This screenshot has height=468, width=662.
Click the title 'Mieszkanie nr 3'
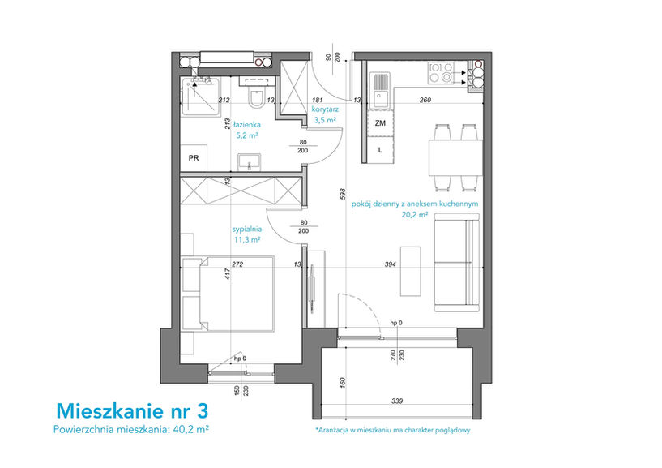pyautogui.click(x=132, y=411)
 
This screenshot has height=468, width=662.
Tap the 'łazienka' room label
pyautogui.click(x=247, y=125)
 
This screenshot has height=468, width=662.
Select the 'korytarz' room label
pyautogui.click(x=325, y=109)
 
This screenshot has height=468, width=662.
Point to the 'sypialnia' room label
pyautogui.click(x=247, y=230)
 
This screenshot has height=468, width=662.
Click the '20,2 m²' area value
pyautogui.click(x=415, y=214)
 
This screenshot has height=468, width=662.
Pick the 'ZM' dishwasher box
pyautogui.click(x=380, y=123)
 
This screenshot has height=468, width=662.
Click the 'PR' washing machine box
pyautogui.click(x=194, y=158)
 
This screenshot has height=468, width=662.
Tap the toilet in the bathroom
pyautogui.click(x=256, y=98)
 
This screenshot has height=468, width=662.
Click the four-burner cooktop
pyautogui.click(x=441, y=72)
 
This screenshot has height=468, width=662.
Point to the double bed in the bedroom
pyautogui.click(x=228, y=293)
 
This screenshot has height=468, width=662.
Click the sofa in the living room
pyautogui.click(x=457, y=263)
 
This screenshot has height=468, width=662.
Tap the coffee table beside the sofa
pyautogui.click(x=410, y=272)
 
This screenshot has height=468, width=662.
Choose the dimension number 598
pyautogui.click(x=343, y=194)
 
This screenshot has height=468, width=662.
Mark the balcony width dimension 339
pyautogui.click(x=397, y=401)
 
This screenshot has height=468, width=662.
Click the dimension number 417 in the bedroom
pyautogui.click(x=228, y=275)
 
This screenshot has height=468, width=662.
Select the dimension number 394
pyautogui.click(x=390, y=264)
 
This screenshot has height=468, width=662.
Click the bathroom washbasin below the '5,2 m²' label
pyautogui.click(x=249, y=162)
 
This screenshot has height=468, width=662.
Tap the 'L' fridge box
pyautogui.click(x=380, y=150)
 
